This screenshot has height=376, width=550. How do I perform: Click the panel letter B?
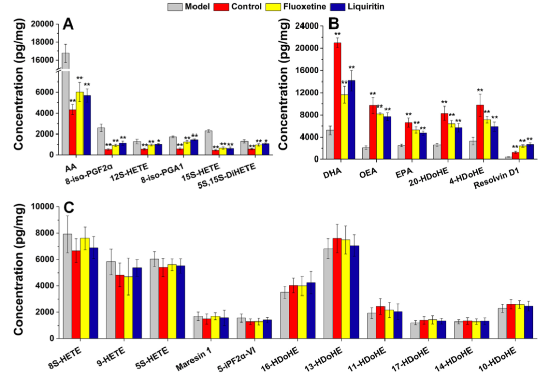(334, 23)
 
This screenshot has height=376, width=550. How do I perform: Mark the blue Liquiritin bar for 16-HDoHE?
(311, 310)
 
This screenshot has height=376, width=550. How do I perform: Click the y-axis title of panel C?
(20, 271)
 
